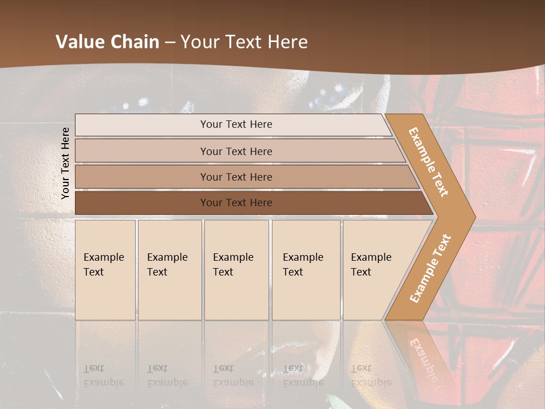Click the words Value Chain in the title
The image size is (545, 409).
107,42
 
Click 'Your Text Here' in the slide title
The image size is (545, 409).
244,42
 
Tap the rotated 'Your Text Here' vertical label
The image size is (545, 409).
65,163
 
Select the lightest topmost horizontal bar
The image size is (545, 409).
236,124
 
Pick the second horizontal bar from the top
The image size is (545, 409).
236,151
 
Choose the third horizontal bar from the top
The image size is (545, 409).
236,177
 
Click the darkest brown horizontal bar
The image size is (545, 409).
236,203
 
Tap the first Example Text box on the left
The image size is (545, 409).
105,270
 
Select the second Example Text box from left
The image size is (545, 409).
169,270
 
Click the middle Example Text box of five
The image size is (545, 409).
236,270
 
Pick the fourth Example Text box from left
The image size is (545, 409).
305,270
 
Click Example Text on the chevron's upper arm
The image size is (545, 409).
429,162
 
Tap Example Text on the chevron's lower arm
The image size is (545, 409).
430,268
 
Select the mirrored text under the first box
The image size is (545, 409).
103,375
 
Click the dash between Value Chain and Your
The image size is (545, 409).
170,43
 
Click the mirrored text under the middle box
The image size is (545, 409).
233,375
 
